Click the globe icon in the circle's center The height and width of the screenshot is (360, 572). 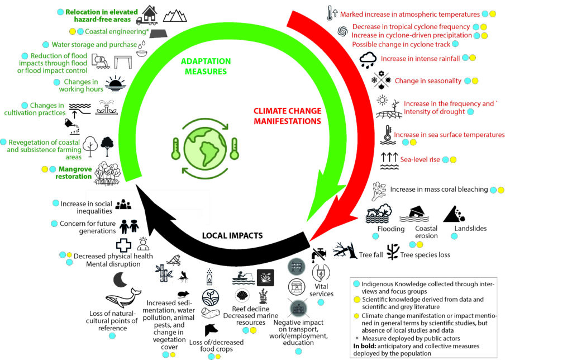click(203, 147)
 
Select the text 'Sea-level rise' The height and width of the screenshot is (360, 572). click(421, 160)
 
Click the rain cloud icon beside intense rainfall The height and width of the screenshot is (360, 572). click(368, 59)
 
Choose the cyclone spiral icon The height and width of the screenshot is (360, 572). click(342, 31)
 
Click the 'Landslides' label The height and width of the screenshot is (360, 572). click(471, 228)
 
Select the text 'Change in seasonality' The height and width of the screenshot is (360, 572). click(428, 80)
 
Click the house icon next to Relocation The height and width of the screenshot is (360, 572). click(149, 13)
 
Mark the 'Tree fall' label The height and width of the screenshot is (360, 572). click(369, 255)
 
